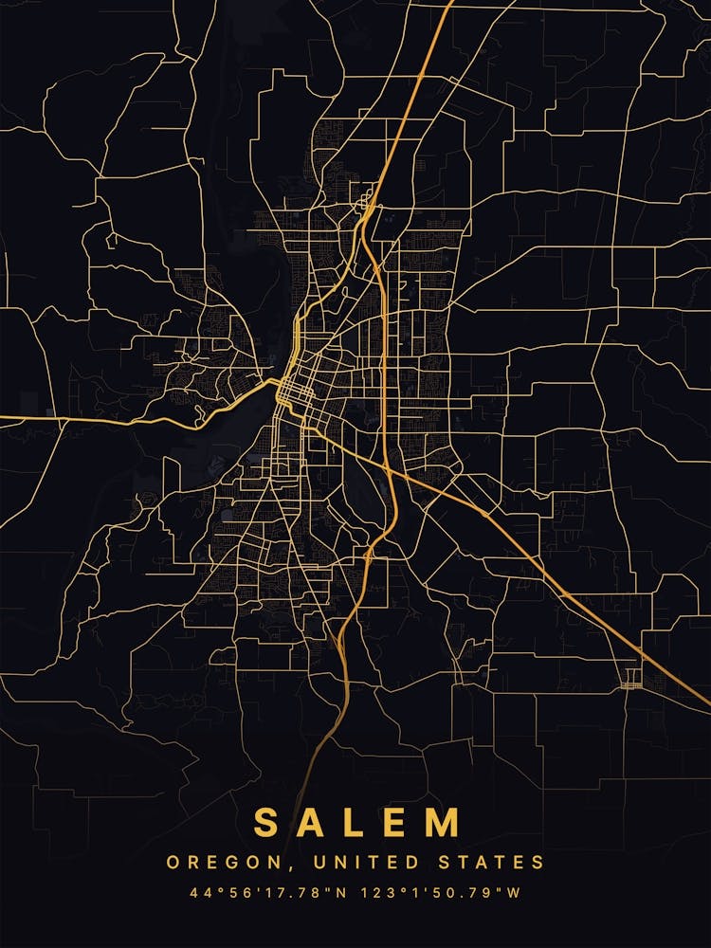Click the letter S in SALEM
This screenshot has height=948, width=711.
[x=267, y=822]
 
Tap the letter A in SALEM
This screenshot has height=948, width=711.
[x=313, y=822]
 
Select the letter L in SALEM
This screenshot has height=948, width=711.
[x=357, y=822]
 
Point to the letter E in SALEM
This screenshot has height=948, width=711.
[x=399, y=822]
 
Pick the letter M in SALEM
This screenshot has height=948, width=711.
[x=446, y=822]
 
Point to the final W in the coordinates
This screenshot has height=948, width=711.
[x=516, y=893]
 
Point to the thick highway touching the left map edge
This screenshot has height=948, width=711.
[x=4, y=417]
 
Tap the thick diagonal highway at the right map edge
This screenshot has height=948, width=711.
[x=706, y=702]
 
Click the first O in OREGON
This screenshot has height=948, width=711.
[x=173, y=863]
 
